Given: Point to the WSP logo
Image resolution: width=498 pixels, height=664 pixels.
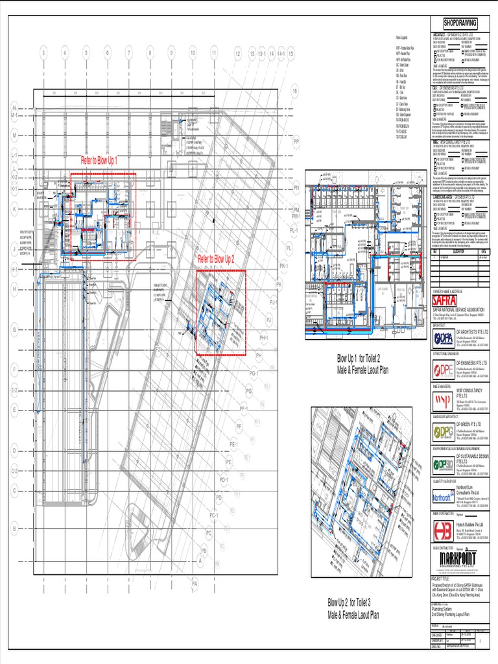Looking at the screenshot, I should pyautogui.click(x=443, y=400).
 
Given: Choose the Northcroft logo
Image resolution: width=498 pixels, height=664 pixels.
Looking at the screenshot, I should pyautogui.click(x=443, y=497).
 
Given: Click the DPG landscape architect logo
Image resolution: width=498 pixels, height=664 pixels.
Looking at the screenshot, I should pyautogui.click(x=443, y=433).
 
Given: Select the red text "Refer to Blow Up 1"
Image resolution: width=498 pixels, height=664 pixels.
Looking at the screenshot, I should pyautogui.click(x=99, y=160).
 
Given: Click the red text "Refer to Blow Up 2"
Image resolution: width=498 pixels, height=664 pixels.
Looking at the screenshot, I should pyautogui.click(x=216, y=257).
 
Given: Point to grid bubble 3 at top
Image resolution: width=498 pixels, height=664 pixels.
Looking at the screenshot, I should pyautogui.click(x=44, y=53).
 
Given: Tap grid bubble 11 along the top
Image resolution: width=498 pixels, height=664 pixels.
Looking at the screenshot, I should pyautogui.click(x=213, y=53).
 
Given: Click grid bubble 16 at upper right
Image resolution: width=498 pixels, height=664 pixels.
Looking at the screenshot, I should pyautogui.click(x=294, y=92).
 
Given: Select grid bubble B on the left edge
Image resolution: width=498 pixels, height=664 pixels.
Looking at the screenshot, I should pyautogui.click(x=13, y=530).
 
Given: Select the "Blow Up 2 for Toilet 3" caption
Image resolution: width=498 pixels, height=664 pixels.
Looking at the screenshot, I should pyautogui.click(x=353, y=610).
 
